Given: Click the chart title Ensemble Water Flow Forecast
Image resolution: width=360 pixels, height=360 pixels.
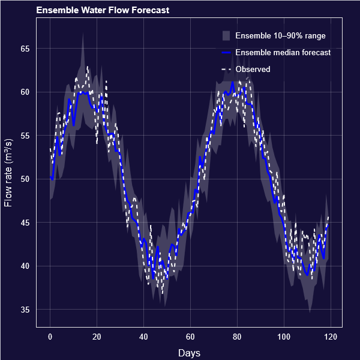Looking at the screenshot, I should coord(102,10).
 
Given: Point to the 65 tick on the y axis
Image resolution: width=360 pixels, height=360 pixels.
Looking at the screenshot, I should coord(25,49).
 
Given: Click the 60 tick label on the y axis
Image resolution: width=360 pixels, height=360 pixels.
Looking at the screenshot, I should coord(25,92).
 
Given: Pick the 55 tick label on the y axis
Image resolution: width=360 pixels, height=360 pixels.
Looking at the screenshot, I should coord(25,136).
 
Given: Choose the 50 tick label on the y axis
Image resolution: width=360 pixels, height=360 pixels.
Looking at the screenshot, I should coord(25,179).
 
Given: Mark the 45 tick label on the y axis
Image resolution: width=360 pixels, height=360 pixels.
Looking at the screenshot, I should coord(25,223).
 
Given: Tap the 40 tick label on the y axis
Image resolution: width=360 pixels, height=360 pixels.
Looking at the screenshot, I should coord(25,266).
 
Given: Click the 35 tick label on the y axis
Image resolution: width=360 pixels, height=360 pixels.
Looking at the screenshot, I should coord(25,310).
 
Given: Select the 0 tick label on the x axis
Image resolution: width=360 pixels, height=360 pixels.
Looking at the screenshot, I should coord(50,337).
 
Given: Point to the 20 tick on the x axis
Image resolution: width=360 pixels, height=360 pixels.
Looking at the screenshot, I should coord(97,337).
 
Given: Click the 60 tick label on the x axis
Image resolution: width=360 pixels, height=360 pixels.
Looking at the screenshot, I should coord(190,337).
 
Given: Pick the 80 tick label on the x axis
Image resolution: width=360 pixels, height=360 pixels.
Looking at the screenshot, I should coord(237,337).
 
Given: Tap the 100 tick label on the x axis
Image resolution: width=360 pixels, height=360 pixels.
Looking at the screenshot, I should coord(284,337).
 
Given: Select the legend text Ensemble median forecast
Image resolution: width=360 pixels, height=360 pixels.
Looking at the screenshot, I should coord(283,53).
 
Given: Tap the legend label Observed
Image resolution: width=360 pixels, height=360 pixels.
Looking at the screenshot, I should coord(253,70).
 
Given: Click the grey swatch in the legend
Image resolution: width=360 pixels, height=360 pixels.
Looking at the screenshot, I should coord(226,36).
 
